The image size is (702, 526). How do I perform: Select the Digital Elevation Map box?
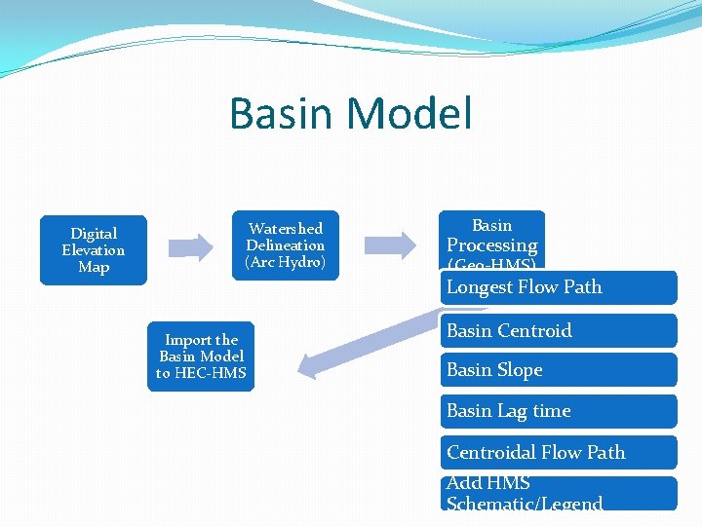pos(94,250)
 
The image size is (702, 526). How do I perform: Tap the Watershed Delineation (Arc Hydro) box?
pos(286,245)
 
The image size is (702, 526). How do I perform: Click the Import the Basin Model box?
pos(201,357)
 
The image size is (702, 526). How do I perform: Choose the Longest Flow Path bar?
pos(559,287)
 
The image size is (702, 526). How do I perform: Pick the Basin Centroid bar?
pos(559,331)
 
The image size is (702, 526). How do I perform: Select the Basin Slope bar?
pos(559,370)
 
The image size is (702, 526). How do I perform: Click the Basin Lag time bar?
pos(559,411)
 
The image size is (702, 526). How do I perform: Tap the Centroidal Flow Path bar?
pos(559,452)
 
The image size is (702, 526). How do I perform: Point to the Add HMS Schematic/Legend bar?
pos(559,494)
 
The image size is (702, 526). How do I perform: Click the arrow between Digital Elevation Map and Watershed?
pos(190,246)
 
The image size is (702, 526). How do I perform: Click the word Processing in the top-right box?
pos(491,245)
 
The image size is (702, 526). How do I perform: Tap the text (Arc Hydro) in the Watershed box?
pos(286,263)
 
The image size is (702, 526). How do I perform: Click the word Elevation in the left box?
pos(94,250)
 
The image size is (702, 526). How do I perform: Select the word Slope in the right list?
pos(521,370)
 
